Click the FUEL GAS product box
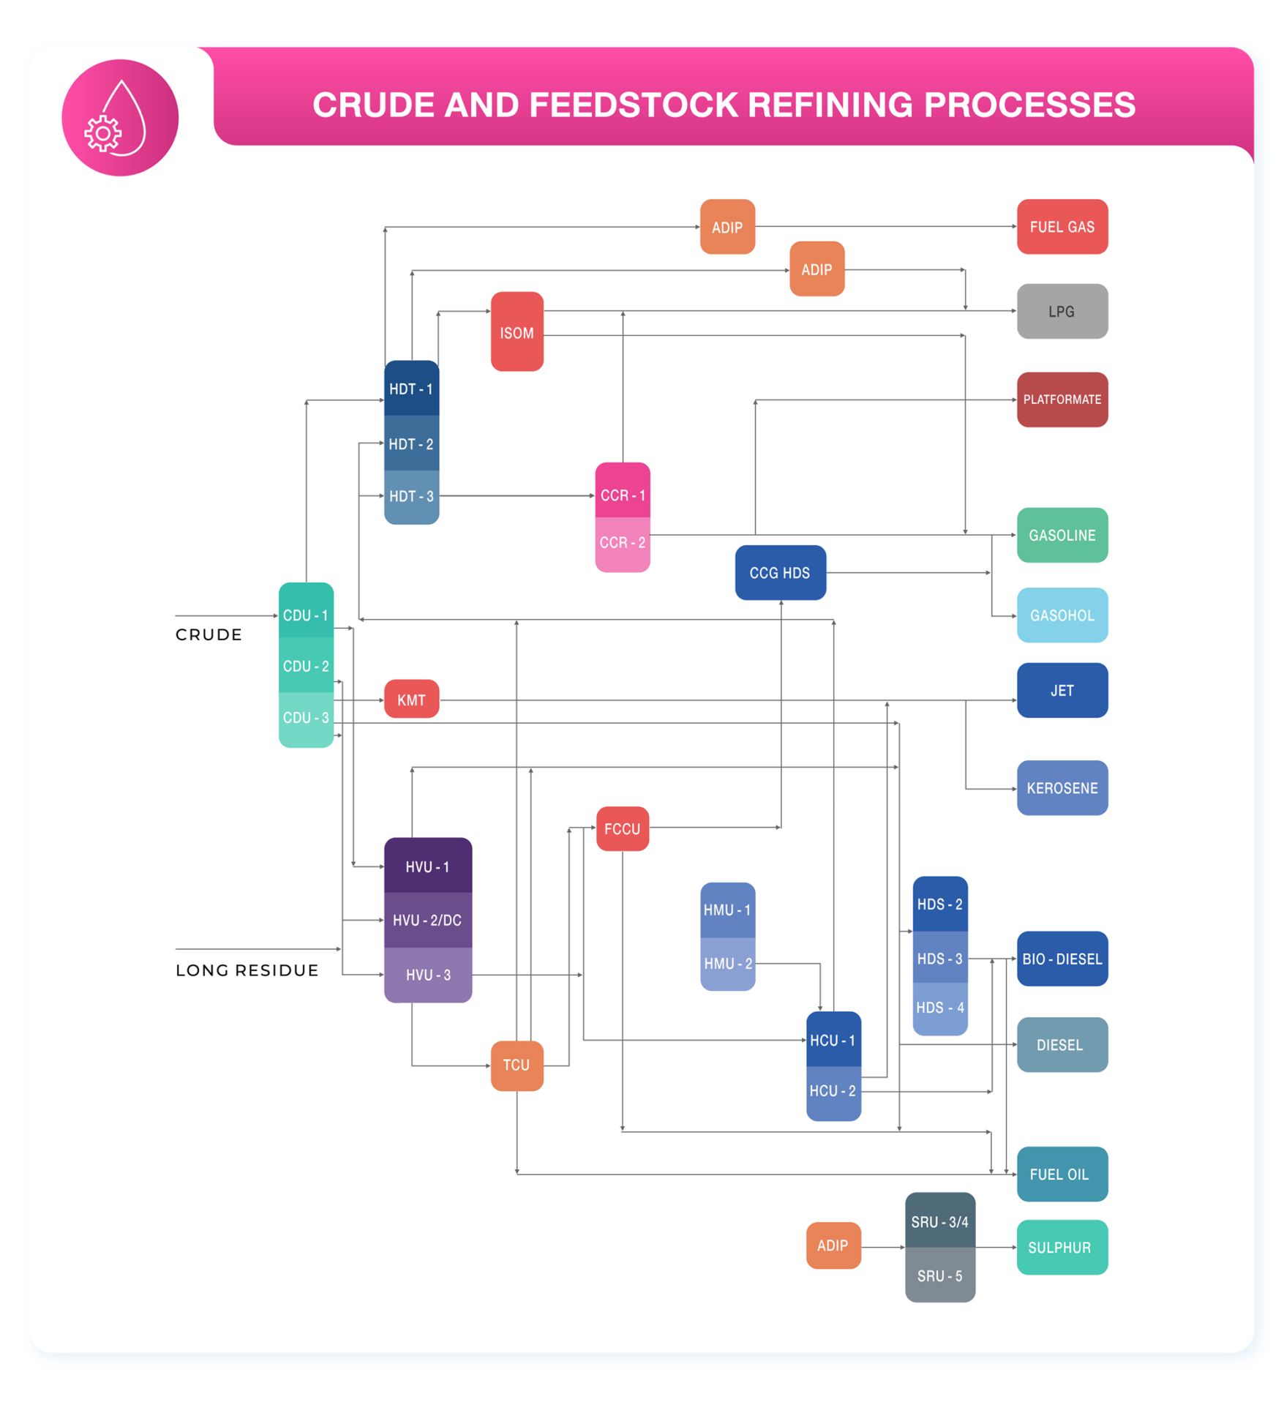(1062, 227)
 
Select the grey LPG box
(1062, 312)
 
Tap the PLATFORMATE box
(1062, 400)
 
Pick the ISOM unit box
(517, 332)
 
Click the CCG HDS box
(780, 573)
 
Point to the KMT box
(411, 700)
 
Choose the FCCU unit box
(622, 829)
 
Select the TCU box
(517, 1065)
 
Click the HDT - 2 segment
(411, 443)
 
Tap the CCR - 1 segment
(623, 495)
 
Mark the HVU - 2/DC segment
(427, 921)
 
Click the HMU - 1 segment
(727, 910)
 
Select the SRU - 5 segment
(939, 1276)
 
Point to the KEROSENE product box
(1062, 788)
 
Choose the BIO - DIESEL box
(1062, 959)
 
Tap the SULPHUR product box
(1062, 1248)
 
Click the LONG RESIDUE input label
(247, 970)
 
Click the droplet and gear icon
(120, 118)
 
